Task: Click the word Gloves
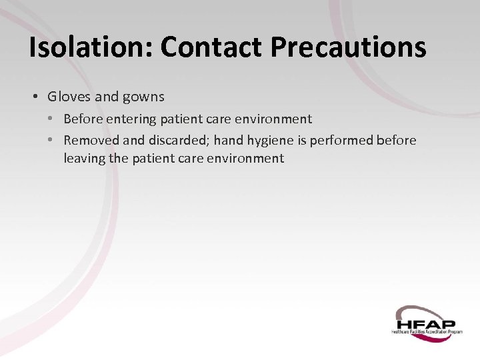tap(69, 97)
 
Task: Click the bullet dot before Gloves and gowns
tap(35, 97)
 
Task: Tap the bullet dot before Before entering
tap(51, 119)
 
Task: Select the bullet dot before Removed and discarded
tap(51, 140)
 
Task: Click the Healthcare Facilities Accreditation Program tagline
tap(427, 331)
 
